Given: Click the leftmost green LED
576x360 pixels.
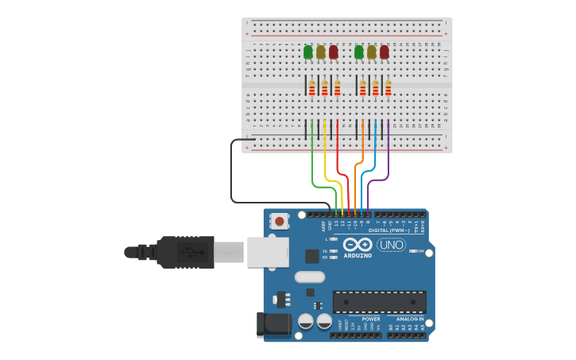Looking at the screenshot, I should (308, 52).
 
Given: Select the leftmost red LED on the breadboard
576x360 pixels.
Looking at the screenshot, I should (333, 52).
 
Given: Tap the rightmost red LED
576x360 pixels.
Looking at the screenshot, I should (384, 52).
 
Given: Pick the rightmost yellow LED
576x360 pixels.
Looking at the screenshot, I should (371, 52).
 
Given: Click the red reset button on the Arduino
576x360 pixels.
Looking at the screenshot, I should (279, 220).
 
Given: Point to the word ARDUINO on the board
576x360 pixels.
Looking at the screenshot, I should (358, 256).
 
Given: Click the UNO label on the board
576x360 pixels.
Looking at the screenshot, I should (392, 245).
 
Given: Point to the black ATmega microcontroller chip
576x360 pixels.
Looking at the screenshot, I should (379, 302).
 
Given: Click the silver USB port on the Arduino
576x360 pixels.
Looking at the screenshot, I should (267, 251).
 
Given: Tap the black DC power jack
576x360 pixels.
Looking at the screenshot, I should (273, 324).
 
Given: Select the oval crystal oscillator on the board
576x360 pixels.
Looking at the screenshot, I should (310, 277).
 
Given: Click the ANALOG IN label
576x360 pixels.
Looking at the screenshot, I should (410, 318).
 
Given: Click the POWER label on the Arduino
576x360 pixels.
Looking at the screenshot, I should (371, 318).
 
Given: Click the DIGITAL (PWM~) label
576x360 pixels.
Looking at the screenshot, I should (390, 230).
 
